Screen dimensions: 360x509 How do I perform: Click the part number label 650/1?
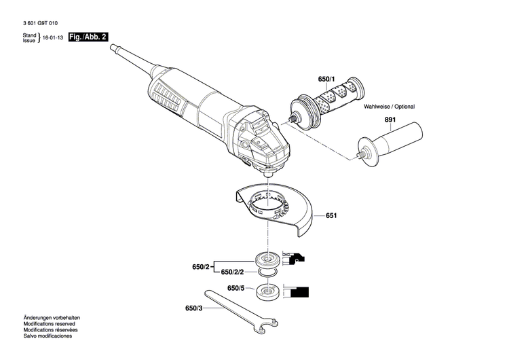coord(327,79)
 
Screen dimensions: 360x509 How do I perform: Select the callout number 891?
coord(390,121)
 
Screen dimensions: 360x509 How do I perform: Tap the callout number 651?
coord(331,215)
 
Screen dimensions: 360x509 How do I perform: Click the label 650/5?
coord(235,288)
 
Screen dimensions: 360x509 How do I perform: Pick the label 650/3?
coord(193,308)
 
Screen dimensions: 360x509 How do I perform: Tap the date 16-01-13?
coord(53,39)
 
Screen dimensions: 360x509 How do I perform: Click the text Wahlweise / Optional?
coord(389,107)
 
